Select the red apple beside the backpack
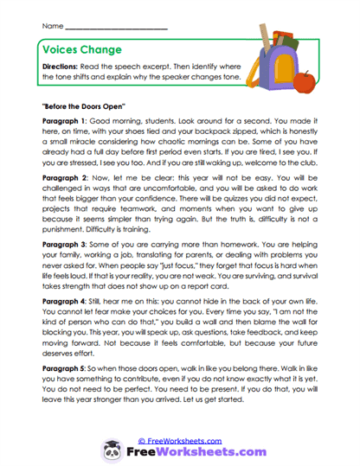[x=304, y=83]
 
